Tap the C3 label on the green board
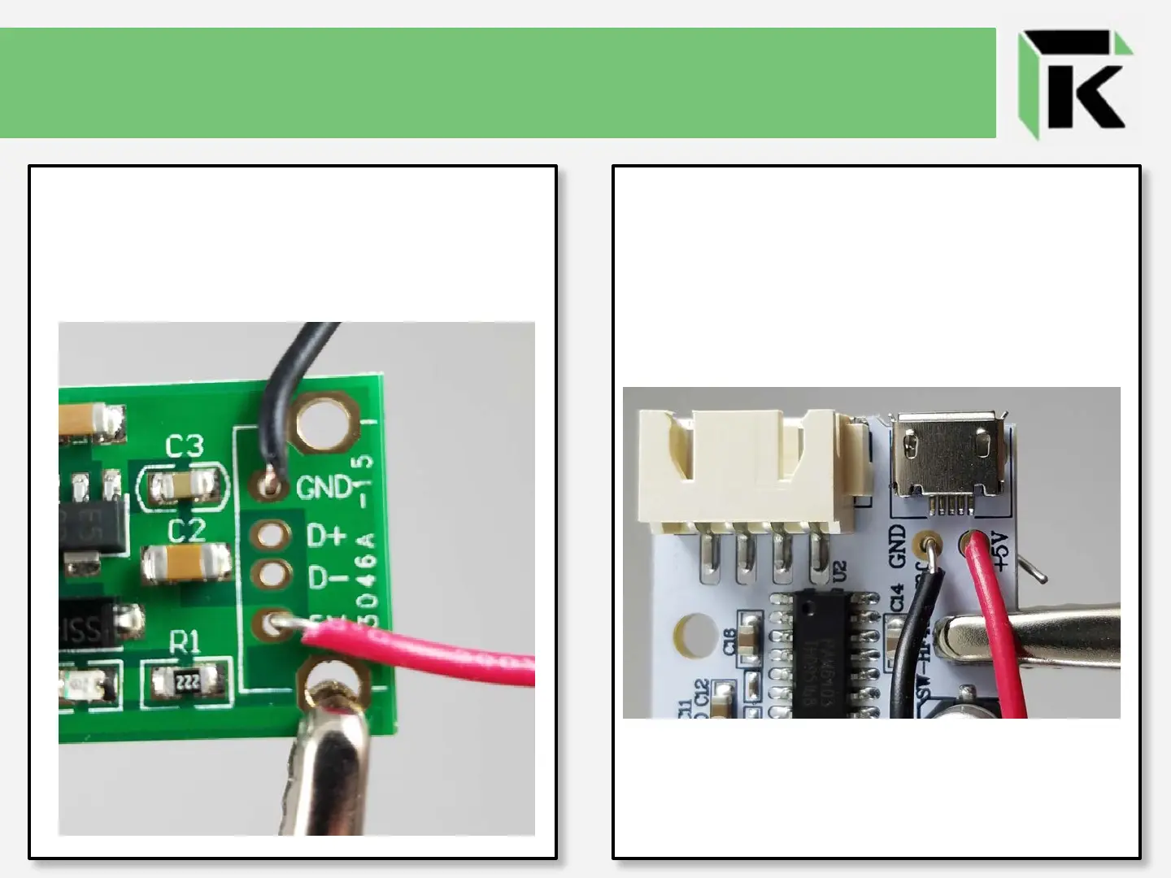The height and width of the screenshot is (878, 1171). (x=185, y=446)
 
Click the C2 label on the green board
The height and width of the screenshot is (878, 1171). (x=186, y=531)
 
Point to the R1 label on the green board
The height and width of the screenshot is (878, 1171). (x=185, y=642)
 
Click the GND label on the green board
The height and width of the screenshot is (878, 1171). (x=323, y=488)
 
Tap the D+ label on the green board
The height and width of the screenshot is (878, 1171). (x=326, y=536)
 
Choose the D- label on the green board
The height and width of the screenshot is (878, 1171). (x=328, y=578)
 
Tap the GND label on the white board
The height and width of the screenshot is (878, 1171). (x=898, y=545)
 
